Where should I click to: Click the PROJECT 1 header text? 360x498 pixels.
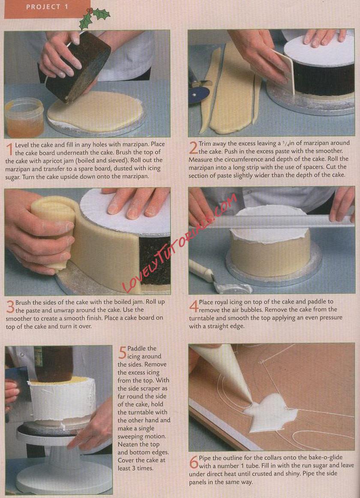(47, 7)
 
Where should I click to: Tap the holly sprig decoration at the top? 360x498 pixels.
(94, 18)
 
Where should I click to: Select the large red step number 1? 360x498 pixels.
(9, 149)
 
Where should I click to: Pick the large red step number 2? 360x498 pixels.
(193, 148)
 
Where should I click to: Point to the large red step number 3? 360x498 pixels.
(10, 306)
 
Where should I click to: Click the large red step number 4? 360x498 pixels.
(194, 306)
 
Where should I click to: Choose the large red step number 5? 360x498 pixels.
(123, 352)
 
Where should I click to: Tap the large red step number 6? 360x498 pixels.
(194, 462)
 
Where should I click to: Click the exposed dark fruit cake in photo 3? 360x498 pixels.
(155, 260)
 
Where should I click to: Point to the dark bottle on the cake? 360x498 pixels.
(53, 364)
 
